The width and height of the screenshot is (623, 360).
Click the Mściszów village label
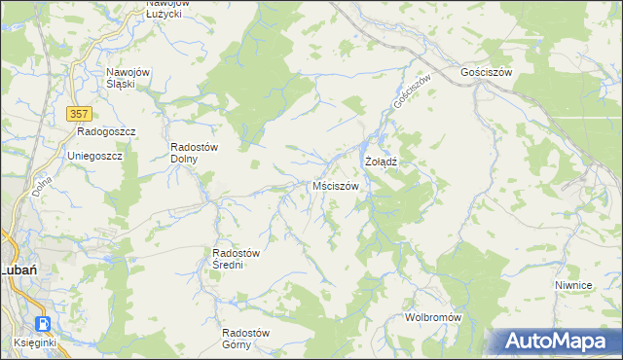point(336,186)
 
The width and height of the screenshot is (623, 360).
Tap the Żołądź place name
point(383,161)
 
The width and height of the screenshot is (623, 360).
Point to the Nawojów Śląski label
point(133,78)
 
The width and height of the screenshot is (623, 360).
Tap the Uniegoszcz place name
point(94,156)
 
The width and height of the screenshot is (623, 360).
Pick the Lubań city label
point(18,270)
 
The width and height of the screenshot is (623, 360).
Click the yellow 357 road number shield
point(81,114)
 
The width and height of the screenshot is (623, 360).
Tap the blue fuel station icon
point(43,323)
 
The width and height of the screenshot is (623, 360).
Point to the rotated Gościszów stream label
point(411,92)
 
